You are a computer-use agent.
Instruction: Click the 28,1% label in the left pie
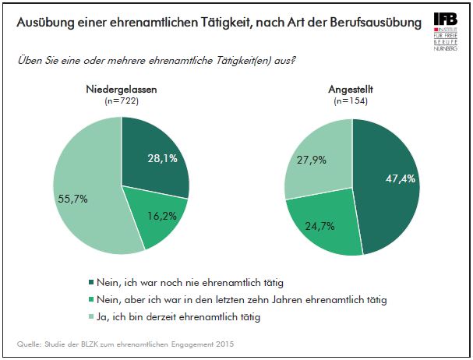click(x=162, y=158)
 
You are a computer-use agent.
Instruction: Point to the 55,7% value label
click(x=72, y=198)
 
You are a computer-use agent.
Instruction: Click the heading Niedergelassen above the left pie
click(x=121, y=90)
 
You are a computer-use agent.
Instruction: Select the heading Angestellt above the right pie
click(x=352, y=90)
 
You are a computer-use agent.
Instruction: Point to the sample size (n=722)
click(x=121, y=101)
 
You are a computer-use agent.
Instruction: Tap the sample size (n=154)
click(x=352, y=101)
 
